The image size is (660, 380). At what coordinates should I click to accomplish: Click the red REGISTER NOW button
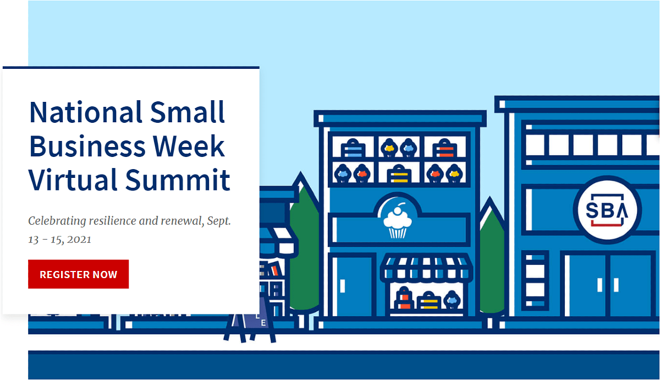point(78,274)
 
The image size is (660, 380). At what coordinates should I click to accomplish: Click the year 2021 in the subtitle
point(80,240)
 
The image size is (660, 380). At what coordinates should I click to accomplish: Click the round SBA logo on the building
point(607,210)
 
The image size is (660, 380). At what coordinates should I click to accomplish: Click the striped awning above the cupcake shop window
point(427,268)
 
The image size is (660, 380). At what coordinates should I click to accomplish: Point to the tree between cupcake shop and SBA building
point(492,259)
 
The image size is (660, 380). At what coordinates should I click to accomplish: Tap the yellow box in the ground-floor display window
point(427,302)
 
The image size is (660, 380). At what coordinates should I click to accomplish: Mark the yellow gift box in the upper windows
point(398,175)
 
